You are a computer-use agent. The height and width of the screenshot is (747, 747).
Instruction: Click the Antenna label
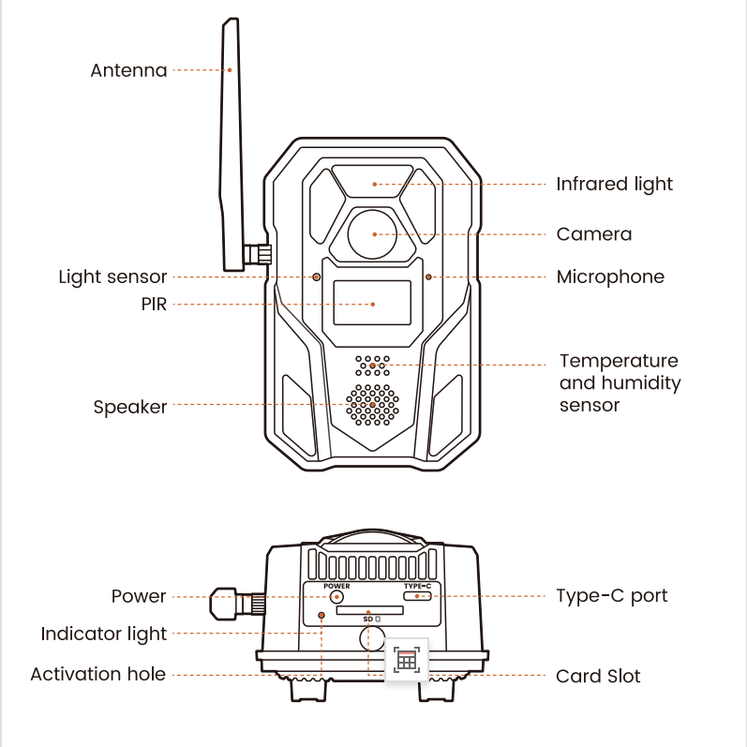coord(128,70)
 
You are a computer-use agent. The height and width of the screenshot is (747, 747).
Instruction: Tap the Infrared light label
coord(614,184)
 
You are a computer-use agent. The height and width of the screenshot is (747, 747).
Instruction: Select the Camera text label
coord(593,234)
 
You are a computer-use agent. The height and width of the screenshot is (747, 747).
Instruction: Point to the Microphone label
coord(609,277)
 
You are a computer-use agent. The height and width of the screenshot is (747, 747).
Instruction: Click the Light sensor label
coord(112,277)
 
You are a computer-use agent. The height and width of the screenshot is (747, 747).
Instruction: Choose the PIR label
coord(153,304)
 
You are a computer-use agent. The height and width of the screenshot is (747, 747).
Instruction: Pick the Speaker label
coord(129,407)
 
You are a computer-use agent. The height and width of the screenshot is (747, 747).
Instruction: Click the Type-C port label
coord(611,596)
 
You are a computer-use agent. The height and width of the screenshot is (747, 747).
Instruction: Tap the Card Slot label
coord(598,676)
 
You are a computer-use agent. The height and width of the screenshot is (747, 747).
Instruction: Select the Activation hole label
coord(97,674)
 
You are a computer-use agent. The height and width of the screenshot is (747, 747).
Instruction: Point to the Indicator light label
coord(103,635)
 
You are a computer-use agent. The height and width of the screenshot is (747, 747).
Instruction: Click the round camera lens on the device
coord(373,233)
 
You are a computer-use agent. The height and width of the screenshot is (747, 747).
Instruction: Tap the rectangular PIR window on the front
coord(372,303)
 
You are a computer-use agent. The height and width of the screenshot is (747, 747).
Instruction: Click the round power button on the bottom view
coord(336,595)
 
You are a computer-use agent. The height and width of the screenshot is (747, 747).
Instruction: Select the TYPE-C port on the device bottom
coord(417,595)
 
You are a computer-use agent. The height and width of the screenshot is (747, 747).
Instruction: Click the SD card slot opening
coord(368,609)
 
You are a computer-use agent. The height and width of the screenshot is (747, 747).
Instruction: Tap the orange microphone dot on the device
coord(428,277)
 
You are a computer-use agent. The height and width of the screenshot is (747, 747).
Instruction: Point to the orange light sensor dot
coord(317,277)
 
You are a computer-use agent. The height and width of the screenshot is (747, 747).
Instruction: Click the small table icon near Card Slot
coord(406,660)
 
